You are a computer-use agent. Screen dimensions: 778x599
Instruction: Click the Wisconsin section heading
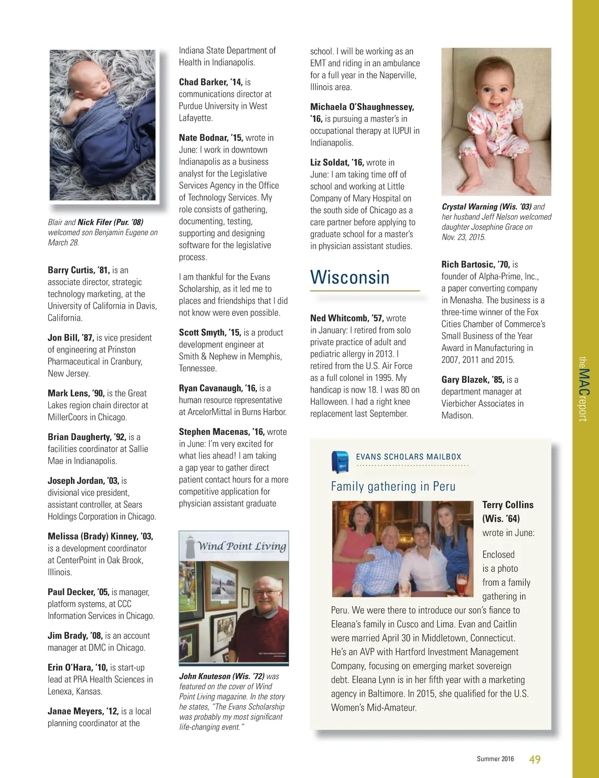(x=349, y=277)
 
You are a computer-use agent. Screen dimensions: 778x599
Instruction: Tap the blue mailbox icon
(x=340, y=461)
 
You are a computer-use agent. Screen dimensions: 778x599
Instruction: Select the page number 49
(x=535, y=760)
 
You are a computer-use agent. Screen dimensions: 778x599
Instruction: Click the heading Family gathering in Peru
(x=393, y=486)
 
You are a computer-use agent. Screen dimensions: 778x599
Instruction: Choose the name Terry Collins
(x=508, y=505)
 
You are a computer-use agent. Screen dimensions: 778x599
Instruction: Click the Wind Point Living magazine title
(x=242, y=546)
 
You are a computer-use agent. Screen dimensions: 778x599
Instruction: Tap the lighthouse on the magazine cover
(x=190, y=547)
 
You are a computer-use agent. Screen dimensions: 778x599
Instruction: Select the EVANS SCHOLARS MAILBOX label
(x=408, y=457)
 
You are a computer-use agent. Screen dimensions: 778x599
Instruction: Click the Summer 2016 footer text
(x=495, y=759)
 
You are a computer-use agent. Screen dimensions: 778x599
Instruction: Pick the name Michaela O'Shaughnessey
(x=362, y=107)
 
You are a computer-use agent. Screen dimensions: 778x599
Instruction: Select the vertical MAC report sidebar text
(x=583, y=389)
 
